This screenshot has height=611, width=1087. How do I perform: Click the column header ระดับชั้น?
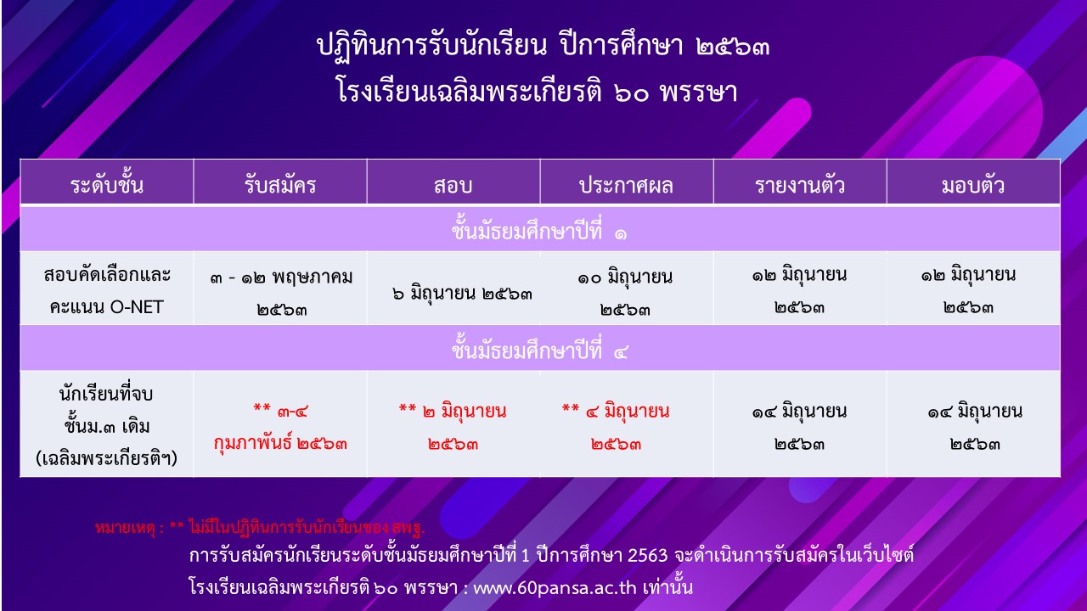107,183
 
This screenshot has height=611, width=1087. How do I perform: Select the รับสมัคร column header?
280,185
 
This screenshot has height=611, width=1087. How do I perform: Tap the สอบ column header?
453,186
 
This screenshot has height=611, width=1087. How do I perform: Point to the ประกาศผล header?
626,185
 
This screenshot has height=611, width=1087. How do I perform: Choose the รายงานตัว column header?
800,184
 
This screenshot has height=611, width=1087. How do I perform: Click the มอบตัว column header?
973,184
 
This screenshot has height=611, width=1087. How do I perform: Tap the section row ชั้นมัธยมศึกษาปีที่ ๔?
539,349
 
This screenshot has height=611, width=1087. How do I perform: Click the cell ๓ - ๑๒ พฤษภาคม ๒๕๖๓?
281,293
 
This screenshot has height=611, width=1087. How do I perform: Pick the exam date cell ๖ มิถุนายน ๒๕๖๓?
462,294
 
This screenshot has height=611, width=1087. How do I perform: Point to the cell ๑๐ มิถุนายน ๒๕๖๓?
625,293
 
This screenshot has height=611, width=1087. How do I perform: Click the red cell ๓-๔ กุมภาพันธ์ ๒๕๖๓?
280,428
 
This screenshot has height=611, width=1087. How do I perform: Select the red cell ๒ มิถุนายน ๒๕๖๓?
453,427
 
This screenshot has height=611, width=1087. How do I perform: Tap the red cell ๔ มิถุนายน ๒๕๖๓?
616,427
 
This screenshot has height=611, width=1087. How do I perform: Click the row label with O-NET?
107,291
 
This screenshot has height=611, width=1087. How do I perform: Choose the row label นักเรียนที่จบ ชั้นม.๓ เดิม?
107,425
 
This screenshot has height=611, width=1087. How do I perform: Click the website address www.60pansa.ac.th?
555,588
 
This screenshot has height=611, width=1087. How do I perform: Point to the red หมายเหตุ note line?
260,527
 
